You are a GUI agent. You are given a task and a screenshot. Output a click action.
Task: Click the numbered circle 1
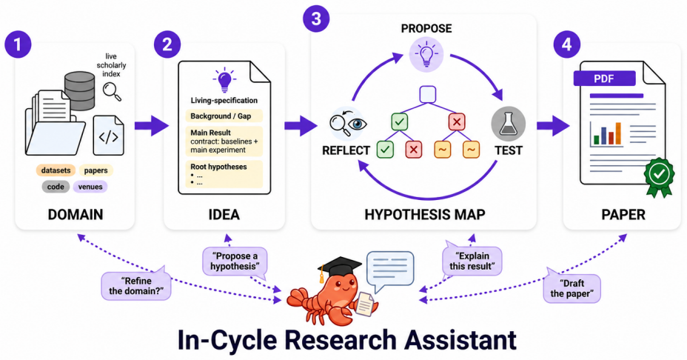(x=18, y=44)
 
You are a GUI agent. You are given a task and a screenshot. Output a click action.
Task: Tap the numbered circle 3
(x=316, y=19)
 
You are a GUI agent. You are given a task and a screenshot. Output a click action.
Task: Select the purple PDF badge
(x=604, y=79)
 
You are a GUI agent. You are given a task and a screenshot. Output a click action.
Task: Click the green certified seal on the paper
(x=659, y=176)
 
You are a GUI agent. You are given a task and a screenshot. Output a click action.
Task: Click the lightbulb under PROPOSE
(x=426, y=54)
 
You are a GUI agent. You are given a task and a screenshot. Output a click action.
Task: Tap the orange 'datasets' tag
(x=56, y=170)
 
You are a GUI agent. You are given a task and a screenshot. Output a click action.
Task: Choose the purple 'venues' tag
(x=90, y=187)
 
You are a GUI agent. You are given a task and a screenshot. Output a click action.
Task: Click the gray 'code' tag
(x=56, y=187)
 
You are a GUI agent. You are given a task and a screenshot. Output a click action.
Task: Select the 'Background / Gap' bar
(x=224, y=116)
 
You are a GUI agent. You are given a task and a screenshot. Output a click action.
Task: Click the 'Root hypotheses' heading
(x=218, y=167)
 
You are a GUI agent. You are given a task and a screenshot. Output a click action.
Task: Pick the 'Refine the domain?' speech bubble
(x=136, y=286)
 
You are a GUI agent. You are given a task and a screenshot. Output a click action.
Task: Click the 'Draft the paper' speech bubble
(x=572, y=288)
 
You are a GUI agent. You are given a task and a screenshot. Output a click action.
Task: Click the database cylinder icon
(x=79, y=91)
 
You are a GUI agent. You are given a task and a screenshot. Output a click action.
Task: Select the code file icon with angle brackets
(x=108, y=136)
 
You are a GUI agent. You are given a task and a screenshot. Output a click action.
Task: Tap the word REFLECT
(x=346, y=150)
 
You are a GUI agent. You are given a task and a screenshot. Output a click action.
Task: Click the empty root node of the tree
(x=428, y=94)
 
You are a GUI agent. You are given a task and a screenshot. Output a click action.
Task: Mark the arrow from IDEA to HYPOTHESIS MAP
(x=301, y=126)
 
